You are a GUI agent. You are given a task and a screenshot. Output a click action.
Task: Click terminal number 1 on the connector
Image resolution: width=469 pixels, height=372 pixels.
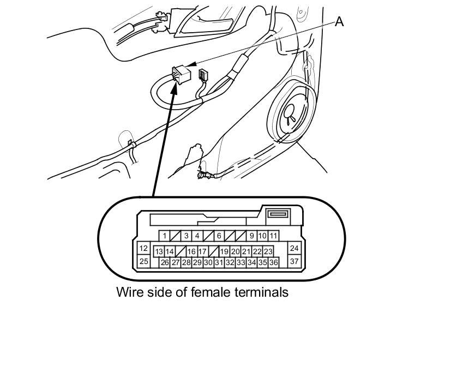click(164, 236)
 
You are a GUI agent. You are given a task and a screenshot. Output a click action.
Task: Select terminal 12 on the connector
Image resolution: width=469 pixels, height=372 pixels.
click(143, 249)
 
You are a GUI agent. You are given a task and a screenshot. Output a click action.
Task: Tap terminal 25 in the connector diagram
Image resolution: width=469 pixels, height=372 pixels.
click(143, 261)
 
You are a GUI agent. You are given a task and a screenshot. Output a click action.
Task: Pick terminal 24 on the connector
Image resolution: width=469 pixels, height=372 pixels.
click(294, 249)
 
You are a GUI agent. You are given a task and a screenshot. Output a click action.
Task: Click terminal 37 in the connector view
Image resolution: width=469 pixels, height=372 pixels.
click(294, 261)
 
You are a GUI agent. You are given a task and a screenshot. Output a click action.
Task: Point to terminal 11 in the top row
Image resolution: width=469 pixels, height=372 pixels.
click(273, 236)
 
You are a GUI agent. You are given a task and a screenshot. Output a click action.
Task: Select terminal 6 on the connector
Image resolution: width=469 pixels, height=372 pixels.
click(219, 236)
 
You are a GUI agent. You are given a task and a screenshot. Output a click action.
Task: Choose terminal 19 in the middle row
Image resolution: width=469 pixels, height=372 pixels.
click(224, 251)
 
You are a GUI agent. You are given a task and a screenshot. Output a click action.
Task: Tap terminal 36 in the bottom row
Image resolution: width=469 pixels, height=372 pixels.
click(274, 262)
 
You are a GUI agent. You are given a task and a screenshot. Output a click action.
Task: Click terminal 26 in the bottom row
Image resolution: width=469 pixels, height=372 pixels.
click(165, 262)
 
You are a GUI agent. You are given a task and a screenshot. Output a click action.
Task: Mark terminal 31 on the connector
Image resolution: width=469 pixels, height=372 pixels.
click(219, 262)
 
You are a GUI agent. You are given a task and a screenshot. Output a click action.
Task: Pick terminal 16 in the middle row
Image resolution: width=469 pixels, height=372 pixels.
click(191, 251)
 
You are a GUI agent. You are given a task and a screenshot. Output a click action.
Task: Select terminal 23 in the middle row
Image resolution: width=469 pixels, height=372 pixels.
click(268, 251)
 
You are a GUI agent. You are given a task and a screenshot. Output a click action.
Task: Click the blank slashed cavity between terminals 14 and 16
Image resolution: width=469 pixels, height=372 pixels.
click(181, 251)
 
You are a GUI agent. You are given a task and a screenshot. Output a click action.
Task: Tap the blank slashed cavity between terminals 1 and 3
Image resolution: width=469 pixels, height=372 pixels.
click(175, 236)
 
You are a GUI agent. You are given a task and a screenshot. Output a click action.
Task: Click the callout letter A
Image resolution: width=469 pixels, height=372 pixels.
click(339, 21)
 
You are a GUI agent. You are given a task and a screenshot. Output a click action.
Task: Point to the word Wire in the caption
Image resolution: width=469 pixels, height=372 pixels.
click(129, 292)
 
